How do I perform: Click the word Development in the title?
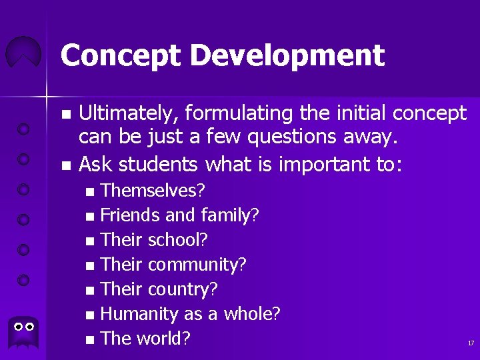(x=283, y=55)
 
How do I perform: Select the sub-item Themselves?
(x=153, y=191)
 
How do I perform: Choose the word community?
(x=197, y=265)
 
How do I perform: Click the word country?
(x=183, y=289)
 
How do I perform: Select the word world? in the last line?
(x=163, y=339)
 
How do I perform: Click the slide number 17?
(x=470, y=343)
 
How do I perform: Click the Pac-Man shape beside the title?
(x=23, y=53)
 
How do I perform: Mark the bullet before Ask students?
(x=65, y=163)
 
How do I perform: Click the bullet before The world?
(x=91, y=340)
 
